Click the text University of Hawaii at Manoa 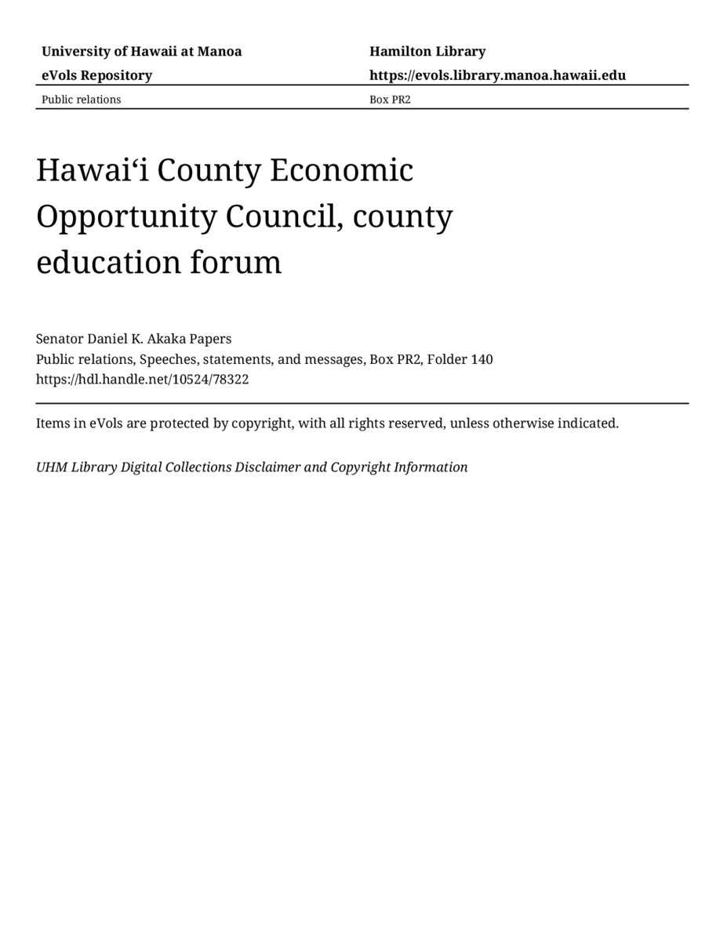(x=141, y=52)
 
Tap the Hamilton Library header (x=427, y=52)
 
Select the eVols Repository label (x=96, y=75)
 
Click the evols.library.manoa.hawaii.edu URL (x=497, y=75)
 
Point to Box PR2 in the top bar (x=390, y=100)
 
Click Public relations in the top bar (x=81, y=100)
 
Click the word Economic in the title (x=341, y=170)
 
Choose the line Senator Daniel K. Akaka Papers (x=133, y=339)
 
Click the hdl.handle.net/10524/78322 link (x=142, y=380)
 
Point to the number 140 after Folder (x=482, y=359)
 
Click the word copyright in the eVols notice (x=263, y=423)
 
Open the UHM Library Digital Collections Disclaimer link (x=252, y=467)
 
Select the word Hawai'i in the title (x=91, y=170)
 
